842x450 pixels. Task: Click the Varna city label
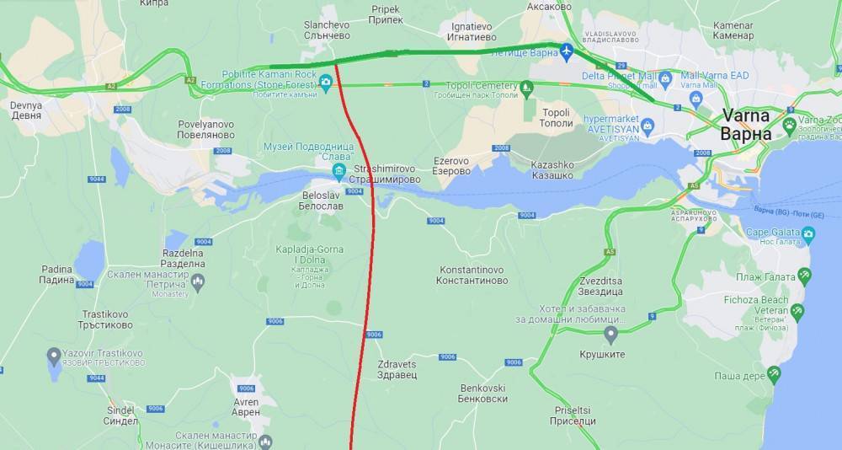(746, 126)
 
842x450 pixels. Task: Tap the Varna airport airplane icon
(568, 52)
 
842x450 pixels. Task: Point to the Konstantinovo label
(472, 275)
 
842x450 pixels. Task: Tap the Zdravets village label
(397, 369)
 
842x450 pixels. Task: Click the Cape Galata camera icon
(808, 233)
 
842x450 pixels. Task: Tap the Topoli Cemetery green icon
(526, 86)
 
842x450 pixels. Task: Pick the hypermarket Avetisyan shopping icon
(647, 126)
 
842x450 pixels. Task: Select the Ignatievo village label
(466, 31)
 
